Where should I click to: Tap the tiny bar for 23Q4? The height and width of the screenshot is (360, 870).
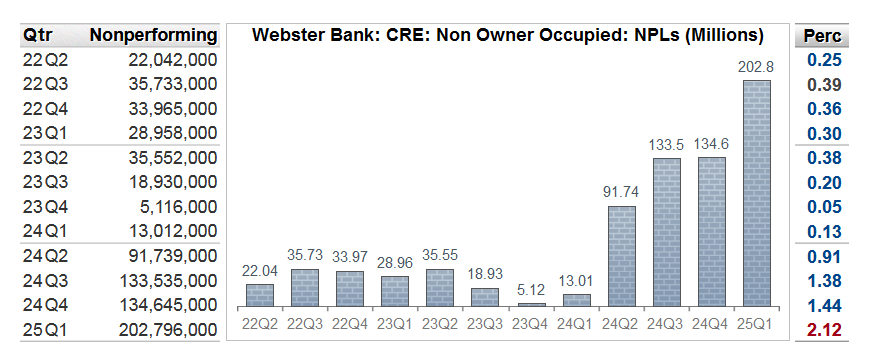tap(532, 303)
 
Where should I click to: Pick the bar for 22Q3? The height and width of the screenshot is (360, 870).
tap(306, 287)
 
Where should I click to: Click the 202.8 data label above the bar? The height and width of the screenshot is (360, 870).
tap(757, 67)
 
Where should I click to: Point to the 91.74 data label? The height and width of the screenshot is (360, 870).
tap(622, 193)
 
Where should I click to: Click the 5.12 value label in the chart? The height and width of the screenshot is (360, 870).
tap(532, 290)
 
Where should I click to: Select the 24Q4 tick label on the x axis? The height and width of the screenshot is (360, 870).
tap(712, 323)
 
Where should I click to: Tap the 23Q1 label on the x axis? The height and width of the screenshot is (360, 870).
tap(396, 323)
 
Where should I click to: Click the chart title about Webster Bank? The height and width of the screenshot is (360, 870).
tap(508, 35)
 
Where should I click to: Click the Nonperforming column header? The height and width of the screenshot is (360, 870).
tap(153, 35)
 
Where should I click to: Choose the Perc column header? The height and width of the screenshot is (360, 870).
tap(825, 36)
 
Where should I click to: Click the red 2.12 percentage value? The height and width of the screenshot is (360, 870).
tap(825, 329)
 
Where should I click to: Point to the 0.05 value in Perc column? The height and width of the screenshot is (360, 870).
tap(825, 206)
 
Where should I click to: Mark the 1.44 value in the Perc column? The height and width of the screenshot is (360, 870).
tap(825, 304)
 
